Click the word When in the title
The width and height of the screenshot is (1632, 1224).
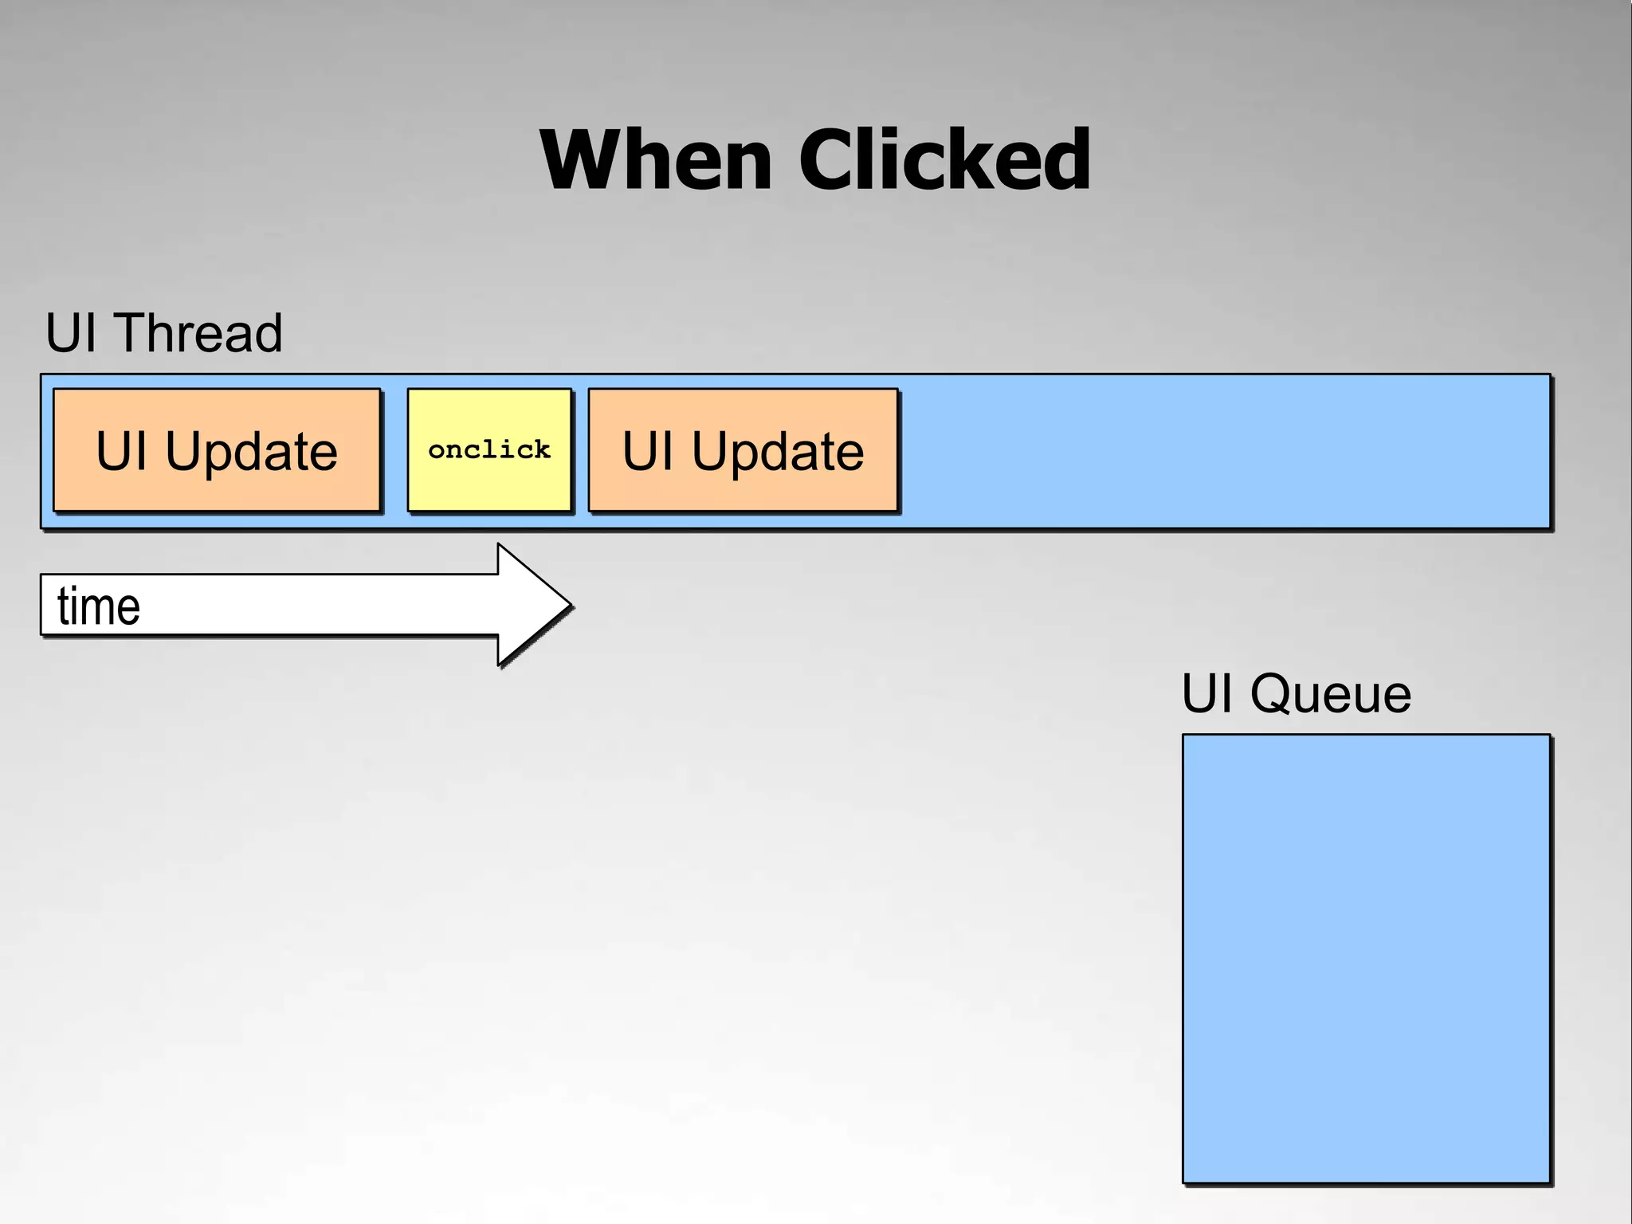click(x=655, y=161)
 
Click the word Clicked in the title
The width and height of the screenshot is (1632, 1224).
click(x=944, y=161)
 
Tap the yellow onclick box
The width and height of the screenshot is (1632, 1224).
click(x=489, y=450)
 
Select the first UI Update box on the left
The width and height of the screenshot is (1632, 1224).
click(x=217, y=450)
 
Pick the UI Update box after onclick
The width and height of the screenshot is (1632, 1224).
click(x=743, y=450)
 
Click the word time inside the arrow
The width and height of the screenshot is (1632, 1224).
click(x=99, y=606)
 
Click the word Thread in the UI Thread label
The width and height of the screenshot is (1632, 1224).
click(x=199, y=333)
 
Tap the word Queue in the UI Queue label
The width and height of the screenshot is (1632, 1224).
click(x=1330, y=694)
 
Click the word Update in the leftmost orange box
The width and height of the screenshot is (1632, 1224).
click(x=251, y=452)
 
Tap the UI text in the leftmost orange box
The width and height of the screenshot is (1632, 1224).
click(x=121, y=452)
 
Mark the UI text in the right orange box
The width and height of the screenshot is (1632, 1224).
click(x=647, y=452)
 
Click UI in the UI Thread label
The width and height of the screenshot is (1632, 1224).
click(x=71, y=333)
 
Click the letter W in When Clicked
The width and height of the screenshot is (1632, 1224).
click(x=580, y=161)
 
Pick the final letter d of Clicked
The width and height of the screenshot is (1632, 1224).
click(x=1064, y=161)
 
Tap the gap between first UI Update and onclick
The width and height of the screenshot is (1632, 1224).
click(x=394, y=450)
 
